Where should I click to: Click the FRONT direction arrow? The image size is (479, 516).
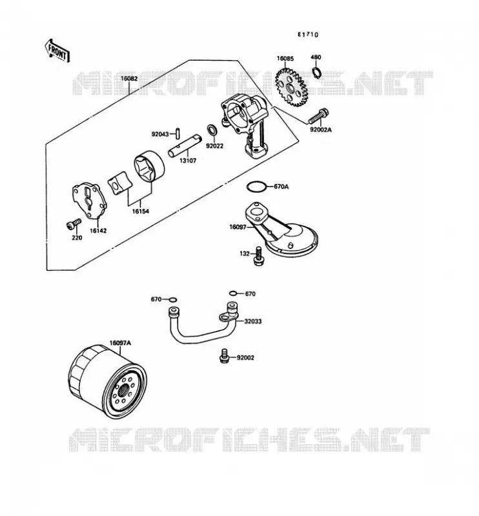coord(57,51)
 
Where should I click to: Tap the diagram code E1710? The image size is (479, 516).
coord(308,35)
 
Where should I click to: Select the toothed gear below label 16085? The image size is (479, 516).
coord(290,88)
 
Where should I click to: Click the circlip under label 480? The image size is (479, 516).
coord(316,72)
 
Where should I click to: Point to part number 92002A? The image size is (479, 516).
coord(321,130)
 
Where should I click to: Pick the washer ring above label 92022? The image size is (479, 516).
coord(212,130)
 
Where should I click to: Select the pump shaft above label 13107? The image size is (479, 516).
coord(185,145)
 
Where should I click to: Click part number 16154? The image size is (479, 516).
coord(140,212)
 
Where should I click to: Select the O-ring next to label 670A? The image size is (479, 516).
coord(256,186)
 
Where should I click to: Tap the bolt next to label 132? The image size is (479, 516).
coord(259,256)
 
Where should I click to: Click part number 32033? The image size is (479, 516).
coord(252,321)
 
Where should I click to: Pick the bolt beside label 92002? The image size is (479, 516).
coord(224,356)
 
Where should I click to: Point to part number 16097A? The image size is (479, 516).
coord(120,343)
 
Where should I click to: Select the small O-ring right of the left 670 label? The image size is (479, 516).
coord(172,300)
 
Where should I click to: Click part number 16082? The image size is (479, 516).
coord(129,79)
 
